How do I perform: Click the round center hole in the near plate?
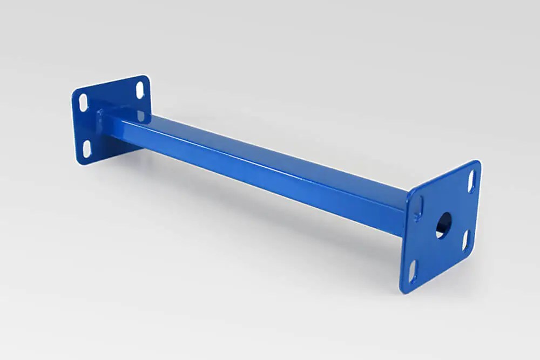point(443,225)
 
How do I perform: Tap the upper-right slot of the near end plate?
point(471,181)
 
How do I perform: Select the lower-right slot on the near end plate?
point(465,241)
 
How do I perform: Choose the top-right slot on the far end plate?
point(140,90)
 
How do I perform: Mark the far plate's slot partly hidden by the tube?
point(141,116)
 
